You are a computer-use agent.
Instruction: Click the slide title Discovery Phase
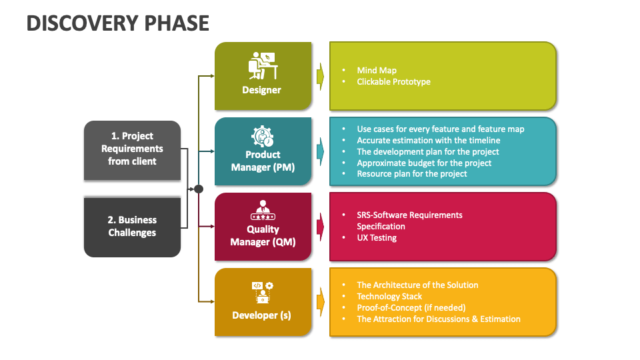(118, 23)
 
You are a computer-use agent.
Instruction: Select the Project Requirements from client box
(132, 149)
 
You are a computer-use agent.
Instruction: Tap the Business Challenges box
(132, 226)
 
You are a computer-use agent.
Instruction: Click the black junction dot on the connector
(198, 189)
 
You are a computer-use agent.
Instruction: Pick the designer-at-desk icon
(263, 65)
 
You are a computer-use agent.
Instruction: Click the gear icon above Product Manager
(263, 137)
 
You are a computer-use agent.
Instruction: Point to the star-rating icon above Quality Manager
(263, 211)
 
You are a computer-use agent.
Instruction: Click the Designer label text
(262, 90)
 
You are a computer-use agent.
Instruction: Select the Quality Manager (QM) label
(263, 235)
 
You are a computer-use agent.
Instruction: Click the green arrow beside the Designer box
(321, 76)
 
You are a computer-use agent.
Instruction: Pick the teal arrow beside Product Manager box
(321, 151)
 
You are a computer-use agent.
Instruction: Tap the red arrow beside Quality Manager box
(321, 227)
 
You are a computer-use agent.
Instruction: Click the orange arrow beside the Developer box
(321, 302)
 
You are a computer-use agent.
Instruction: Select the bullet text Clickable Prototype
(393, 82)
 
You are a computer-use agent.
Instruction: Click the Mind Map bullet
(377, 70)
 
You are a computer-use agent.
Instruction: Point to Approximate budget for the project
(424, 163)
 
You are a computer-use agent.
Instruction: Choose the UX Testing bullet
(377, 237)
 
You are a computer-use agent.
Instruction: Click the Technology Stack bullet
(389, 296)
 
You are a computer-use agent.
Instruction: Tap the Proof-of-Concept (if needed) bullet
(411, 307)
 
